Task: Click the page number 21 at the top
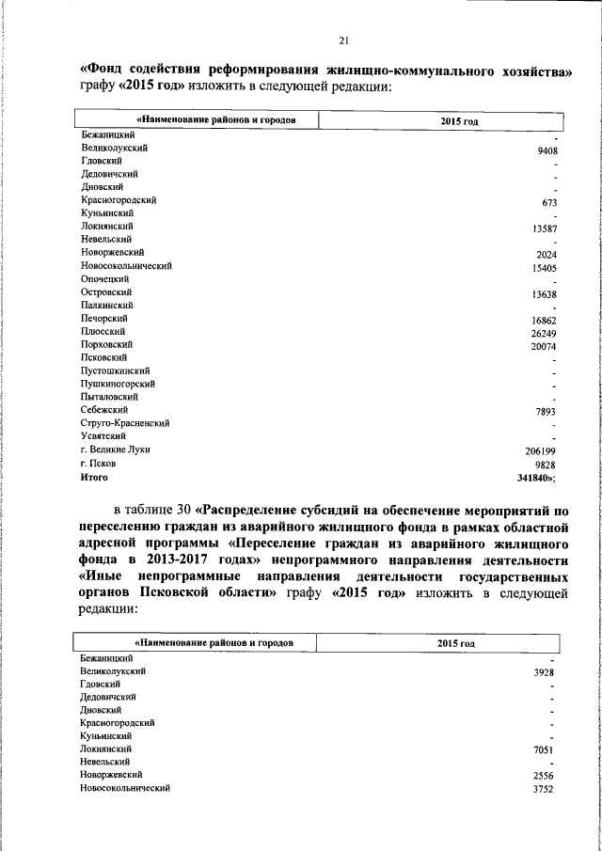[x=343, y=39]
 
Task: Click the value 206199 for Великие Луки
[x=542, y=452]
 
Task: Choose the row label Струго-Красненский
[x=125, y=424]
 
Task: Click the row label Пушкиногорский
[x=118, y=384]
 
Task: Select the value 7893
[x=547, y=413]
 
